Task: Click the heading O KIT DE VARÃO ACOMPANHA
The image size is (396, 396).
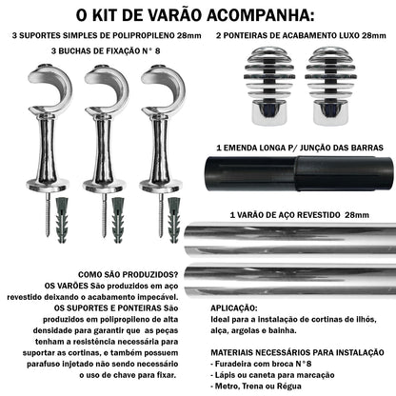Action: tap(197, 15)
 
